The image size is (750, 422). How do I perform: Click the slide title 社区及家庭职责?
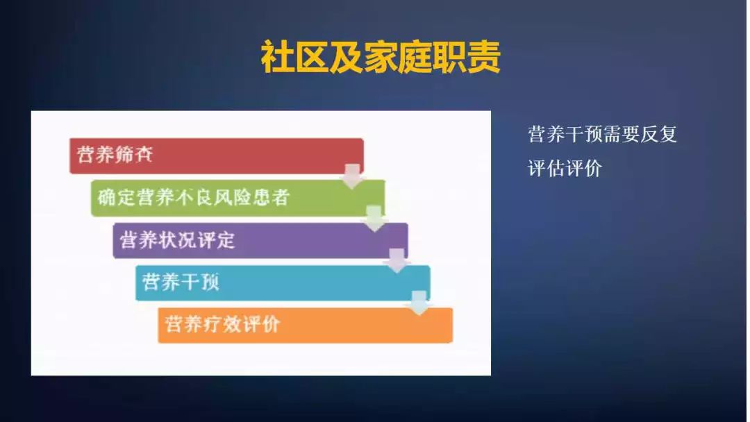pos(381,57)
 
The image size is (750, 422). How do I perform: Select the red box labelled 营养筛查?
pos(215,155)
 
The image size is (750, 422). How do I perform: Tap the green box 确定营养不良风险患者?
pos(237,198)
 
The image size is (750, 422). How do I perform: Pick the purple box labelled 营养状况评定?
pos(260,240)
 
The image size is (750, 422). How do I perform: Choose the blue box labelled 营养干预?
pos(282,282)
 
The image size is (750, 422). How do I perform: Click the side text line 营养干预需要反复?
pos(602,134)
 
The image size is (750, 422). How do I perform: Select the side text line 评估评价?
pos(565,168)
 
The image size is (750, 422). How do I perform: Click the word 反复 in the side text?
pos(658,134)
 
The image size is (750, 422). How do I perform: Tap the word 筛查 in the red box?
pos(135,155)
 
